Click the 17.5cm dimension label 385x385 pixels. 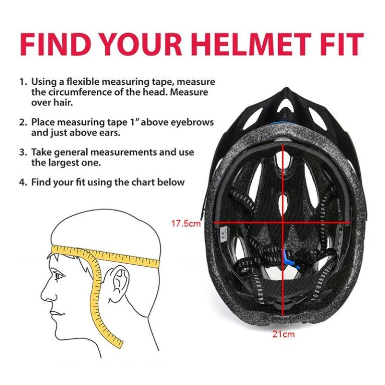point(186,224)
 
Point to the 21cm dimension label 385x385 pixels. point(284,334)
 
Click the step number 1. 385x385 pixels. point(22,81)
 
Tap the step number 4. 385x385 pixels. point(22,182)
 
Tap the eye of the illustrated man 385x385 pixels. point(58,275)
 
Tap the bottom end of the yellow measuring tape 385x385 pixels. point(119,344)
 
